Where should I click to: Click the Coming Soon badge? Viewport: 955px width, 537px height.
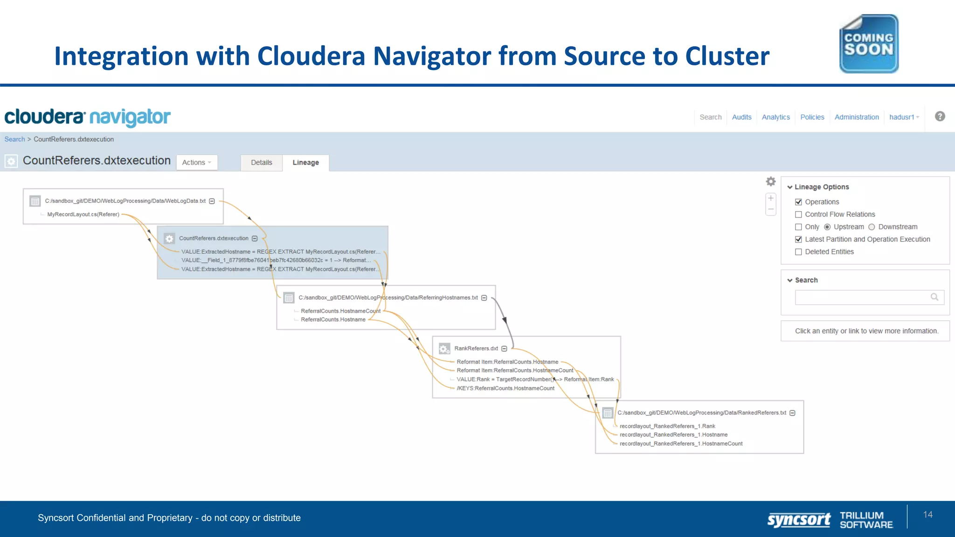[x=869, y=44]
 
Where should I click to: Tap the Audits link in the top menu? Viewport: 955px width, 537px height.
[x=741, y=117]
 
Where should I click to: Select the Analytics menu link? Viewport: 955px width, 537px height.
[x=775, y=117]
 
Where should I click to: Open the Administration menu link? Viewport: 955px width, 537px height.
[x=856, y=117]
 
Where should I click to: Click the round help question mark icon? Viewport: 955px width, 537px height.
[x=940, y=117]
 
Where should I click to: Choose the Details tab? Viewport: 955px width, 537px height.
[x=261, y=162]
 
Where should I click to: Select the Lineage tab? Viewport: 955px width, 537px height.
[x=305, y=162]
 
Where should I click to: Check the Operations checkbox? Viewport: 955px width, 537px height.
[x=798, y=202]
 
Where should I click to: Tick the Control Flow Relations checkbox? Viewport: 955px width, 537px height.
[x=798, y=214]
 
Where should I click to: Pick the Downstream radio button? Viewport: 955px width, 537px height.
[x=872, y=227]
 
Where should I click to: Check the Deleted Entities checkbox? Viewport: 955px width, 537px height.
[x=798, y=252]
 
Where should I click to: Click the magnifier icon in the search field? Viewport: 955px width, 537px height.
[x=934, y=297]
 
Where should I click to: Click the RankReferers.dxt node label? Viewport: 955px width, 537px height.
[x=476, y=348]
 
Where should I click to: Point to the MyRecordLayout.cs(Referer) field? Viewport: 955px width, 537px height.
[x=83, y=214]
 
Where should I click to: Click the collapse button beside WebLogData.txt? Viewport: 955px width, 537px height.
[x=212, y=201]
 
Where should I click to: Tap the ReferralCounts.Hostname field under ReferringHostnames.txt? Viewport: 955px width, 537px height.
[x=333, y=319]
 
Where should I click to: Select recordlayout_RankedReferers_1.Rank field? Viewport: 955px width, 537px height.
[x=667, y=426]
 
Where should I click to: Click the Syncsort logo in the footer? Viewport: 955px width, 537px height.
[x=798, y=519]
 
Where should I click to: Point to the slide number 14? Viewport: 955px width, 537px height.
[x=927, y=515]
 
